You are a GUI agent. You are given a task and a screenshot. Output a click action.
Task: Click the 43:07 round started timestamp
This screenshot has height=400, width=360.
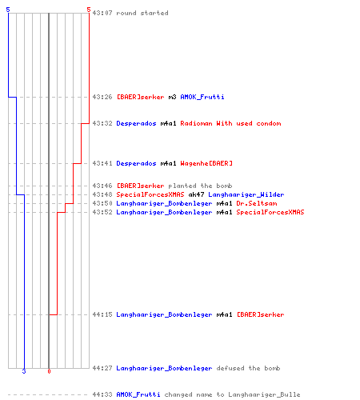pyautogui.click(x=102, y=13)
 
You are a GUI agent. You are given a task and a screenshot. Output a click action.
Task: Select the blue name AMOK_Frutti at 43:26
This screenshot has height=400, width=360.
pyautogui.click(x=202, y=97)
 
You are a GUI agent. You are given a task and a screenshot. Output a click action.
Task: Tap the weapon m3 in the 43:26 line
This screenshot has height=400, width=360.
pyautogui.click(x=172, y=97)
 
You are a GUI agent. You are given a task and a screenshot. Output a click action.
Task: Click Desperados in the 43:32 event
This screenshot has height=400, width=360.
pyautogui.click(x=136, y=123)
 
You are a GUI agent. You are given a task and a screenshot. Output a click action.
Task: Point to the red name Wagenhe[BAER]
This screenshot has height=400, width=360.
pyautogui.click(x=206, y=163)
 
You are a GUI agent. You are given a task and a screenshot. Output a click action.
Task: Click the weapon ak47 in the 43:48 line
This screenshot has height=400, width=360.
pyautogui.click(x=196, y=194)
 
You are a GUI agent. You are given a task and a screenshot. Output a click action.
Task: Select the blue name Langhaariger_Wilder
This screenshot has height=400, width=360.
pyautogui.click(x=246, y=194)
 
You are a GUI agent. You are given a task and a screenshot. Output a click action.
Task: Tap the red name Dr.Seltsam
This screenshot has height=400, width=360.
pyautogui.click(x=257, y=203)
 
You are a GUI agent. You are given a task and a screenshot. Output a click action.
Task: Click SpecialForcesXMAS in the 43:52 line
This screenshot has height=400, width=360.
pyautogui.click(x=270, y=212)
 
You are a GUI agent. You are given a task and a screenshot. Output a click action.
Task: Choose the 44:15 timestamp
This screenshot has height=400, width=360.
pyautogui.click(x=102, y=314)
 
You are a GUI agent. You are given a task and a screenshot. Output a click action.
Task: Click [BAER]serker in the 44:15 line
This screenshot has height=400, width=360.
pyautogui.click(x=261, y=314)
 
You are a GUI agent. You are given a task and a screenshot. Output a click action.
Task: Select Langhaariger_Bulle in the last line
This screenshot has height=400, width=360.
pyautogui.click(x=264, y=394)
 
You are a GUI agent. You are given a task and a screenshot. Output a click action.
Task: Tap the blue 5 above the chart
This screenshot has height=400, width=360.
pyautogui.click(x=8, y=10)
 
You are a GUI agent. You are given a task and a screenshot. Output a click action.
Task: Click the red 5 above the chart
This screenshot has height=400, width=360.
pyautogui.click(x=89, y=10)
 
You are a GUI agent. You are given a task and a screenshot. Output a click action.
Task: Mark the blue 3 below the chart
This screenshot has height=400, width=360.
pyautogui.click(x=24, y=371)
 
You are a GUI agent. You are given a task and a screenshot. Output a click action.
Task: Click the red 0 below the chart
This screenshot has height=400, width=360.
pyautogui.click(x=49, y=371)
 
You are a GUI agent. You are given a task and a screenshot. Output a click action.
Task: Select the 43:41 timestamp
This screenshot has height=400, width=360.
pyautogui.click(x=102, y=163)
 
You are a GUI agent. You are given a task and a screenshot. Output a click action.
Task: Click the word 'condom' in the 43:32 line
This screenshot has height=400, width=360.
pyautogui.click(x=269, y=123)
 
